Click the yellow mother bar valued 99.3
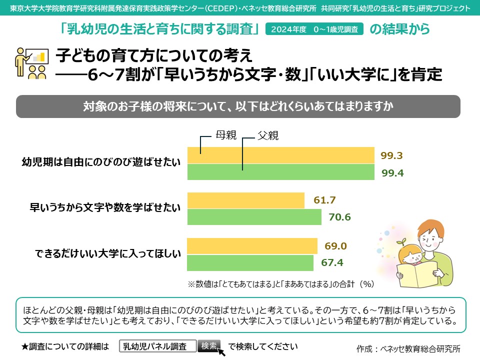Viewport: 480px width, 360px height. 280,155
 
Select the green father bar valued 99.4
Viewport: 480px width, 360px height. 280,172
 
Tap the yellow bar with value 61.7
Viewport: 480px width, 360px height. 245,200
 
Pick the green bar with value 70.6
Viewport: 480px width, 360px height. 254,217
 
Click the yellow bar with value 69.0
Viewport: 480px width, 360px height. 252,246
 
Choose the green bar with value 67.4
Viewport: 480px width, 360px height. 250,263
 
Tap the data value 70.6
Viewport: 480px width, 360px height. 339,217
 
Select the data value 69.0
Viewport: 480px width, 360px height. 335,246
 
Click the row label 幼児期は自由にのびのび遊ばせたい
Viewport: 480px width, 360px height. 101,163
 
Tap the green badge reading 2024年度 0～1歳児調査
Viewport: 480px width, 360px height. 314,29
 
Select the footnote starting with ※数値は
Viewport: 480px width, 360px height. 281,283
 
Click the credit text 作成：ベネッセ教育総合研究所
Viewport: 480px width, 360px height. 408,348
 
